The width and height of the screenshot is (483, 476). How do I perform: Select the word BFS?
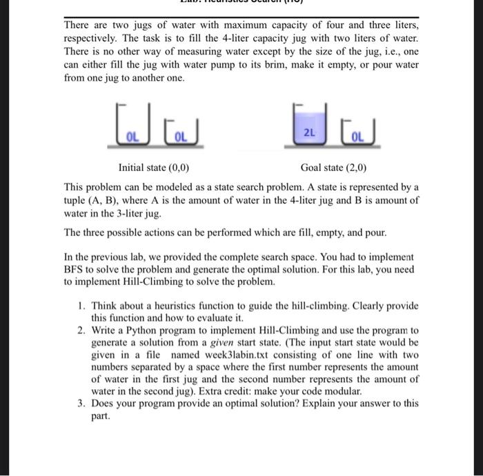[75, 268]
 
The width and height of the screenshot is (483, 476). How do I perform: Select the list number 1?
[81, 306]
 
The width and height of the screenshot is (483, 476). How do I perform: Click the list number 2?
[81, 330]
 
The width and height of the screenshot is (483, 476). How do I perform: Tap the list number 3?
[81, 403]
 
